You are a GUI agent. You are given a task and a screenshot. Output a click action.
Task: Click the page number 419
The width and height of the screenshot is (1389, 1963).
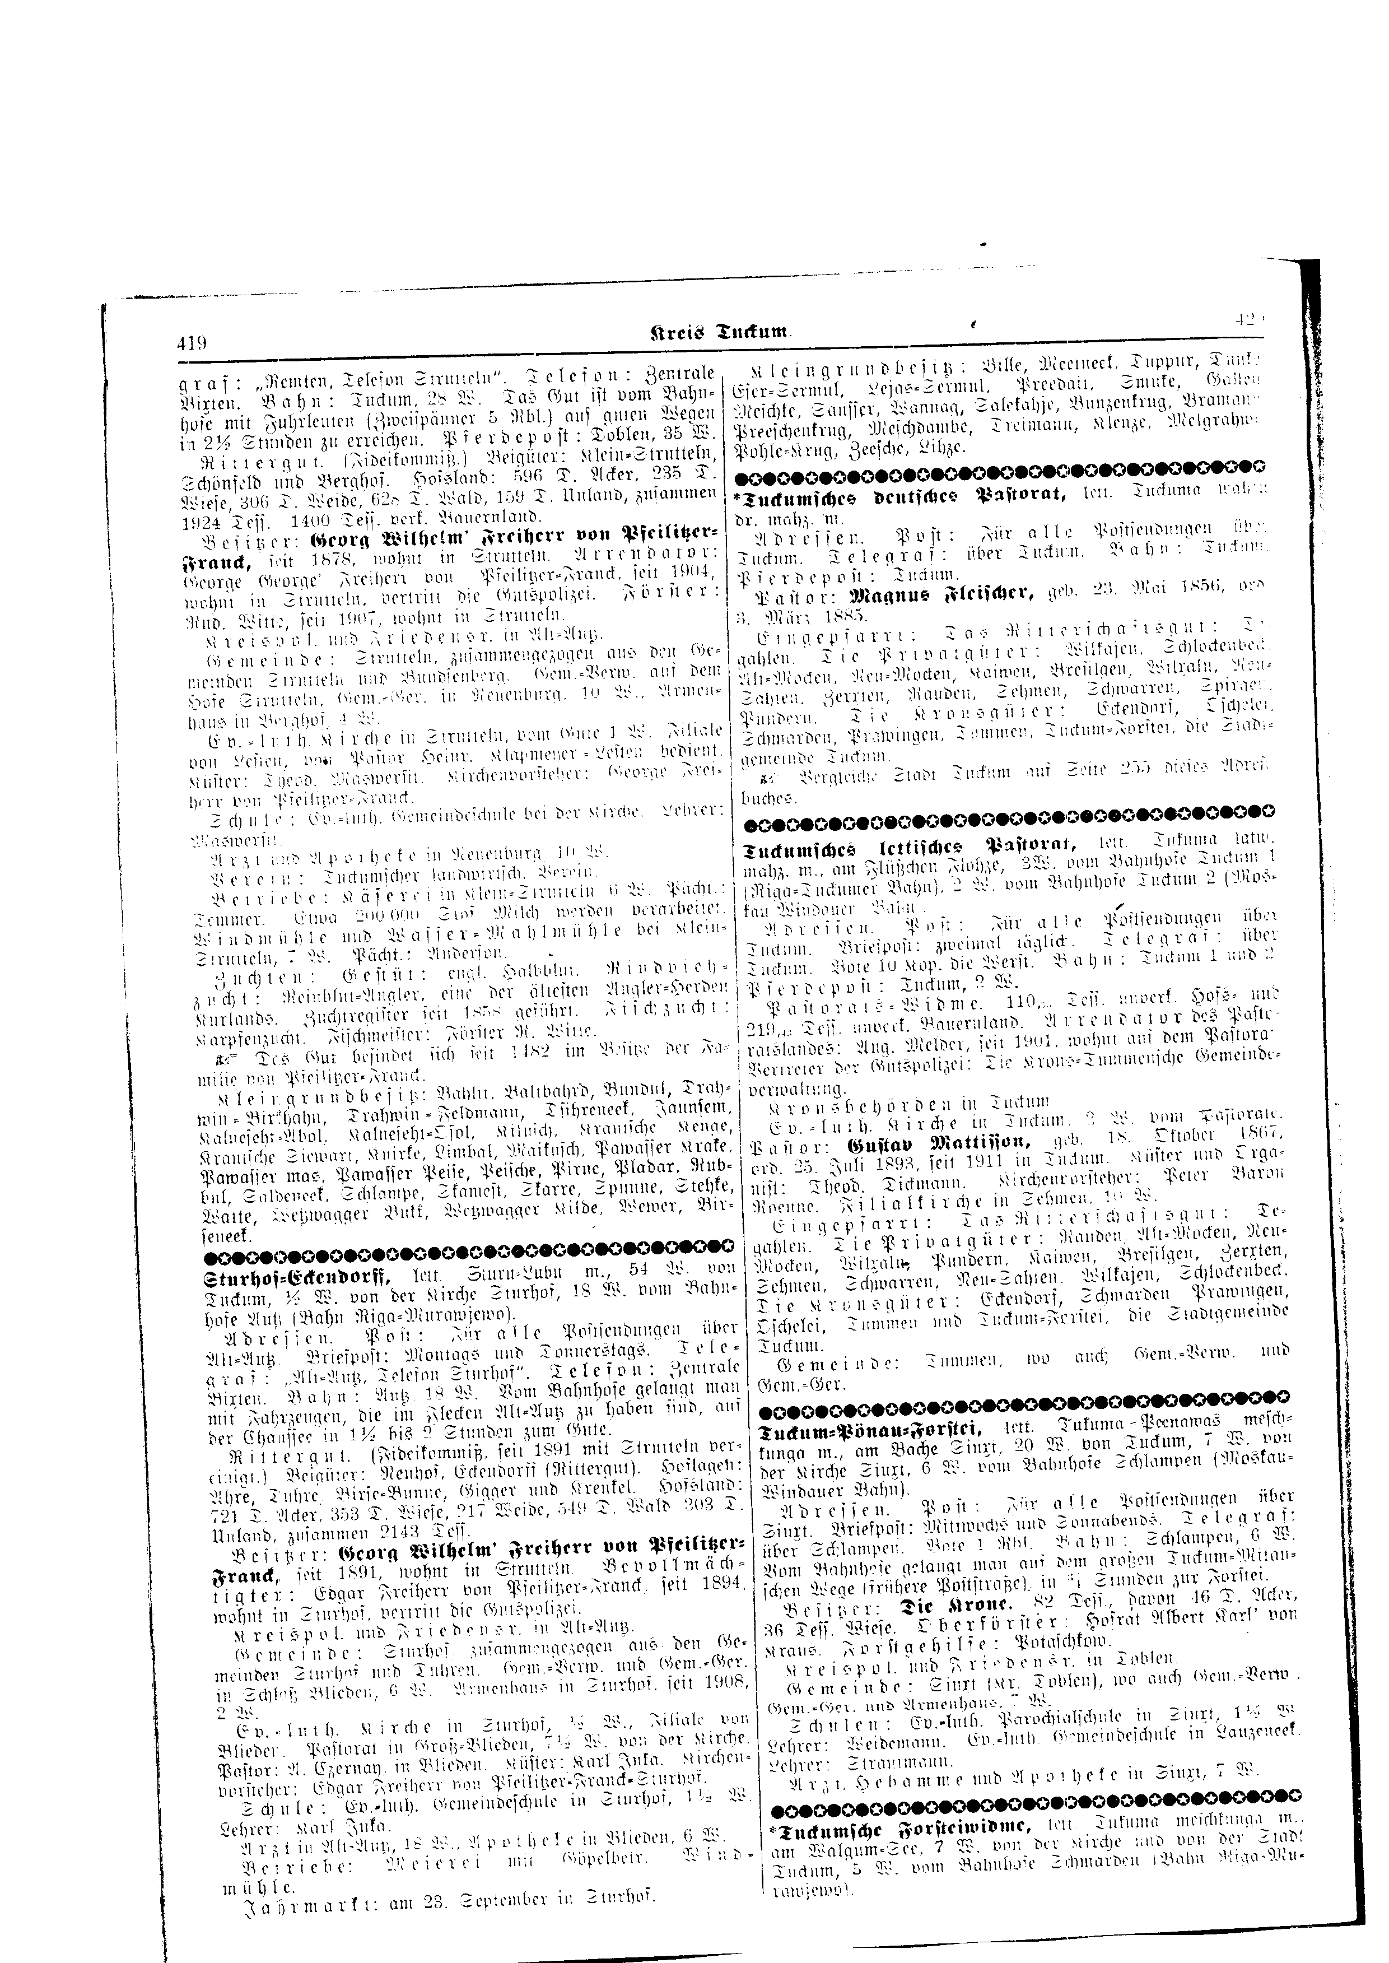193,344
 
